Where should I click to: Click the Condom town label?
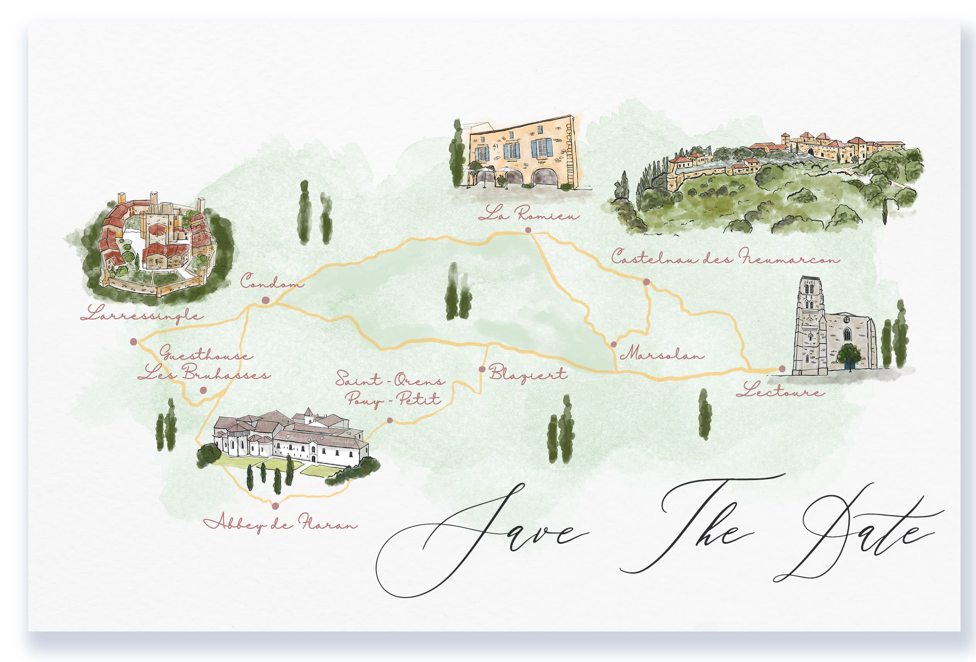272,281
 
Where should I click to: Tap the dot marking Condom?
265,300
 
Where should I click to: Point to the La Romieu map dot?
528,230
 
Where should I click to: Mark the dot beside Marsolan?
614,344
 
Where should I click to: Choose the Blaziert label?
528,373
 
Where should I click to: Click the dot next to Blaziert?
482,369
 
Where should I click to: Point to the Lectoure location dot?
782,369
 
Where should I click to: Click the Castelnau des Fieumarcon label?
725,257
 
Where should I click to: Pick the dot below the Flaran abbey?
275,506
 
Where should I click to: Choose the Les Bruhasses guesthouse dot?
203,390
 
